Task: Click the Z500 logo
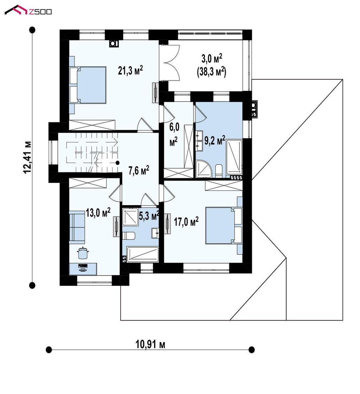tap(28, 10)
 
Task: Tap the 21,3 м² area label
tap(130, 71)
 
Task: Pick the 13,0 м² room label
tap(98, 212)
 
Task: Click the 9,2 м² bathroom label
tap(214, 140)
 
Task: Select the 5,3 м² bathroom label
tap(149, 216)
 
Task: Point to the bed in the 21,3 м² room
tap(88, 85)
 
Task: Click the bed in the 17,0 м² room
tap(224, 226)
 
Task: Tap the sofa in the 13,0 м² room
tap(77, 228)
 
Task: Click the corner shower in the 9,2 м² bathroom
tap(204, 169)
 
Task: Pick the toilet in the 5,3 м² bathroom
tap(128, 235)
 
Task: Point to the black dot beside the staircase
tap(118, 163)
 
